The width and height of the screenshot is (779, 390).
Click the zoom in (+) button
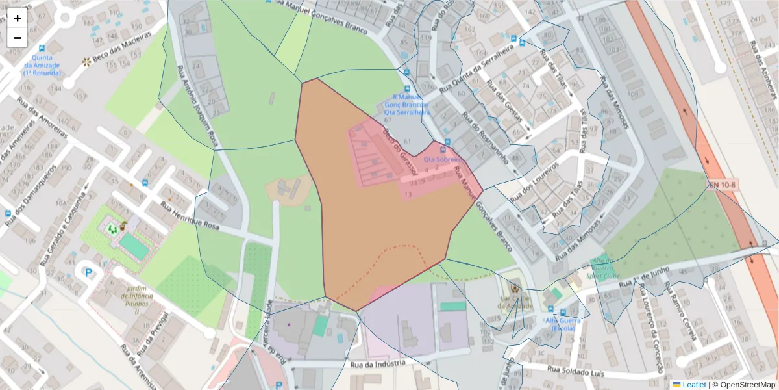click(x=18, y=18)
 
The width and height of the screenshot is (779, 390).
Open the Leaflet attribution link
click(x=694, y=385)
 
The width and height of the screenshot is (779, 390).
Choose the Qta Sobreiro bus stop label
click(x=442, y=159)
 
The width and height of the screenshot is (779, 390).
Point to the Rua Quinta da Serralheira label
click(x=480, y=69)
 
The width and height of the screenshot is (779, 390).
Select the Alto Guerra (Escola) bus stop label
click(x=563, y=324)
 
